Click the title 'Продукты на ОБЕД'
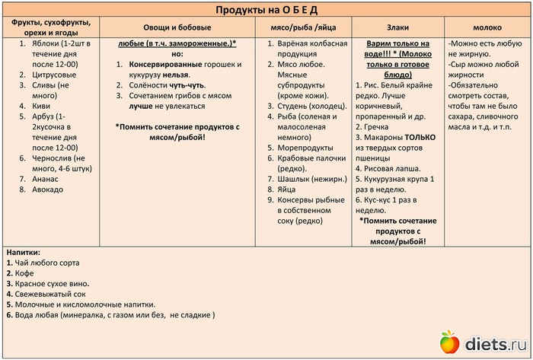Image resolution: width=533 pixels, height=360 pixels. click(x=266, y=9)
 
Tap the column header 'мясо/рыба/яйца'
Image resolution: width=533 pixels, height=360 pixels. click(x=296, y=27)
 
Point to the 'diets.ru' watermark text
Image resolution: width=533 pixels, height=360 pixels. click(x=495, y=343)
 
